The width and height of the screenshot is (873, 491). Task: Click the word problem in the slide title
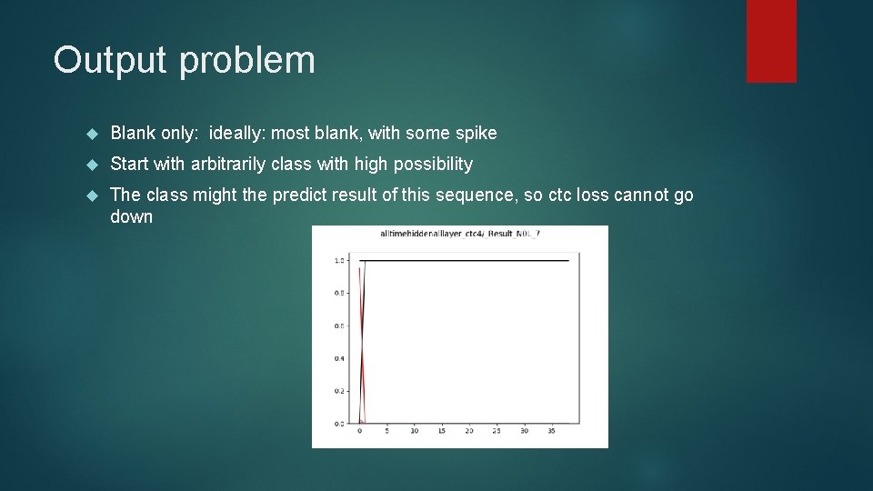point(247,61)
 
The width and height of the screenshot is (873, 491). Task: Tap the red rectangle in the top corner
point(771,41)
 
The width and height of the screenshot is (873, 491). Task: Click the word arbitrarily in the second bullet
point(228,165)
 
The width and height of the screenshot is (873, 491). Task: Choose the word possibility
point(424,165)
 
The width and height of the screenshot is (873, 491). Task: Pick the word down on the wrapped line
point(131,217)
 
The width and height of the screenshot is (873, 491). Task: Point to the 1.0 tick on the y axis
point(339,261)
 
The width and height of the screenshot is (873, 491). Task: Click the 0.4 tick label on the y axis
point(339,358)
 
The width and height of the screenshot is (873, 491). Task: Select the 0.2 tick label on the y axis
point(339,391)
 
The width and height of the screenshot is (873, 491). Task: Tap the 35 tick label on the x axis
point(551,431)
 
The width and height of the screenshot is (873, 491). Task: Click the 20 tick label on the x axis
point(469,431)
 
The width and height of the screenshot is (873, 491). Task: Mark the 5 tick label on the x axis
point(387,431)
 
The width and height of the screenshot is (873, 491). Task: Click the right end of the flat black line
point(568,261)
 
